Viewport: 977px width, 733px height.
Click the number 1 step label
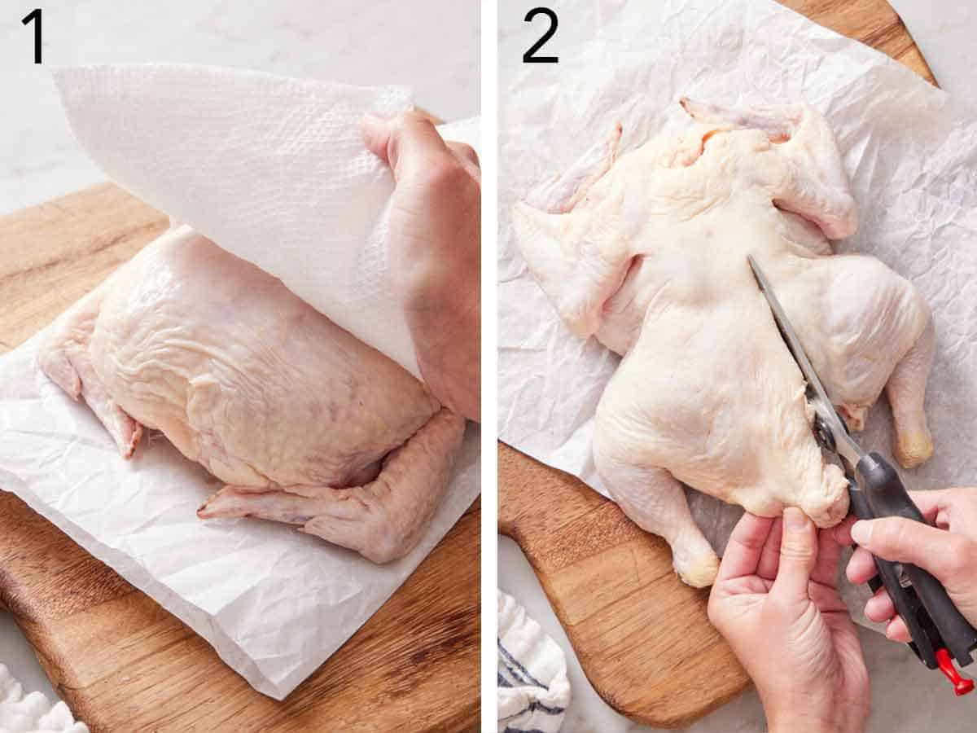click(33, 36)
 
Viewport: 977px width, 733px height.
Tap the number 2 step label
click(541, 36)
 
